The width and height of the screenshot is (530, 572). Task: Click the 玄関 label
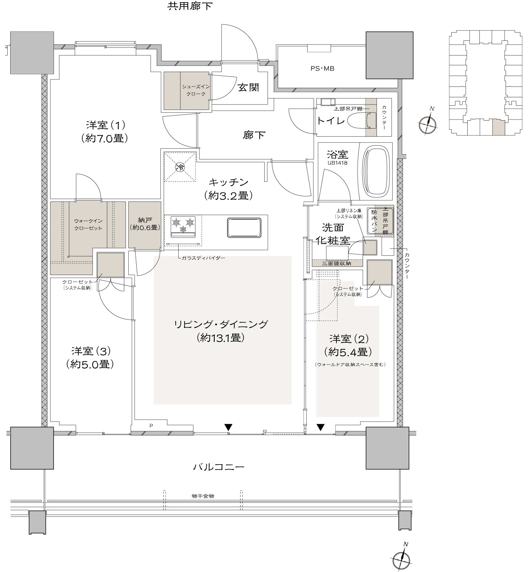248,87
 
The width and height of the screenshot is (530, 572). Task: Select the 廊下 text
254,135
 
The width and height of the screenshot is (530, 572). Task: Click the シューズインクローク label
194,90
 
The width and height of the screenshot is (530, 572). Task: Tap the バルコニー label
218,467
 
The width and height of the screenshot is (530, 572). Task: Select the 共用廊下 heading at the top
190,6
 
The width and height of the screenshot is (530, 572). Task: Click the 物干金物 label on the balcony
203,496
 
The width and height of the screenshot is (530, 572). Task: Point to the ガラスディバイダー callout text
203,258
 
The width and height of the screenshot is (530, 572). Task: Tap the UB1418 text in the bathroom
337,163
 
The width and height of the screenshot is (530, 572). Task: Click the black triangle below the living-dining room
228,427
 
